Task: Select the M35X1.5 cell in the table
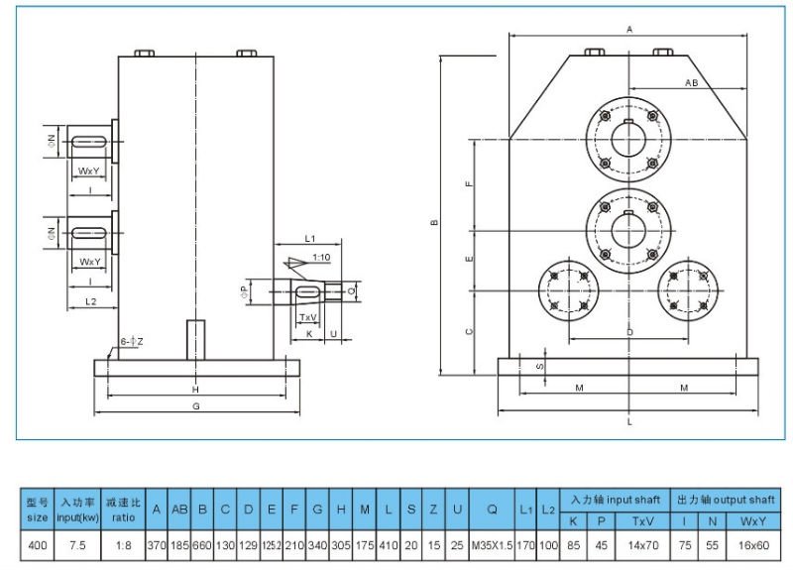(492, 545)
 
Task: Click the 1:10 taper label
(320, 257)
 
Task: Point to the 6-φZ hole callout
(131, 341)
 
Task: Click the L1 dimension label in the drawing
(309, 238)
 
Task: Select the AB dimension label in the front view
(691, 83)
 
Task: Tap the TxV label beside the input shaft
(308, 317)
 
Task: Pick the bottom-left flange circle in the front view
(571, 290)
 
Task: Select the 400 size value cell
(37, 545)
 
